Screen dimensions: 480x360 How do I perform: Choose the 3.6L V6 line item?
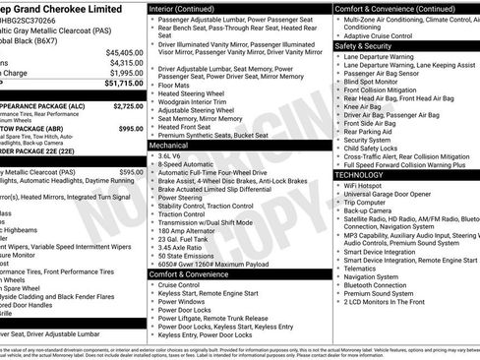[169, 155]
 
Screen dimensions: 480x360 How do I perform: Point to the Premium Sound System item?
[379, 292]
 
